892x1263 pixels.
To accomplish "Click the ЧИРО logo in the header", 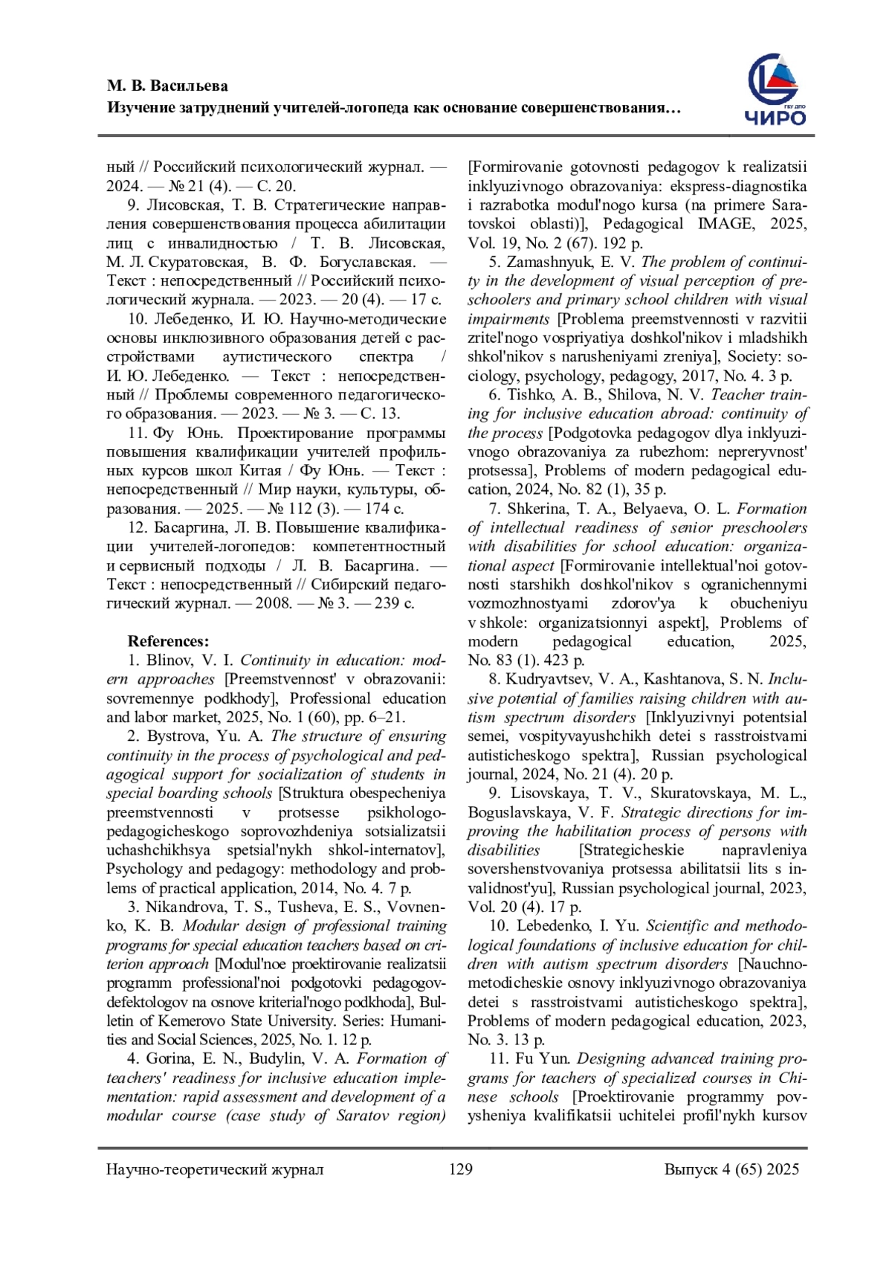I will (x=775, y=91).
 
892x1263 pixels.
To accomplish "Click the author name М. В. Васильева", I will (x=167, y=86).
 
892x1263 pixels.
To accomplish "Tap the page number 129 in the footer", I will (x=461, y=1169).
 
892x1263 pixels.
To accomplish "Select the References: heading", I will (x=168, y=641).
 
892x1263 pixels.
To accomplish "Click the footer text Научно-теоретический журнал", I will (x=215, y=1169).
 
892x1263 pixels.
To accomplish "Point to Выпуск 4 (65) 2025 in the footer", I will (x=731, y=1169).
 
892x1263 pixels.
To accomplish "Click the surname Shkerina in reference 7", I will (x=540, y=509).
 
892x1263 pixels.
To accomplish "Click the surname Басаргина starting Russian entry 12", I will (x=192, y=528).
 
